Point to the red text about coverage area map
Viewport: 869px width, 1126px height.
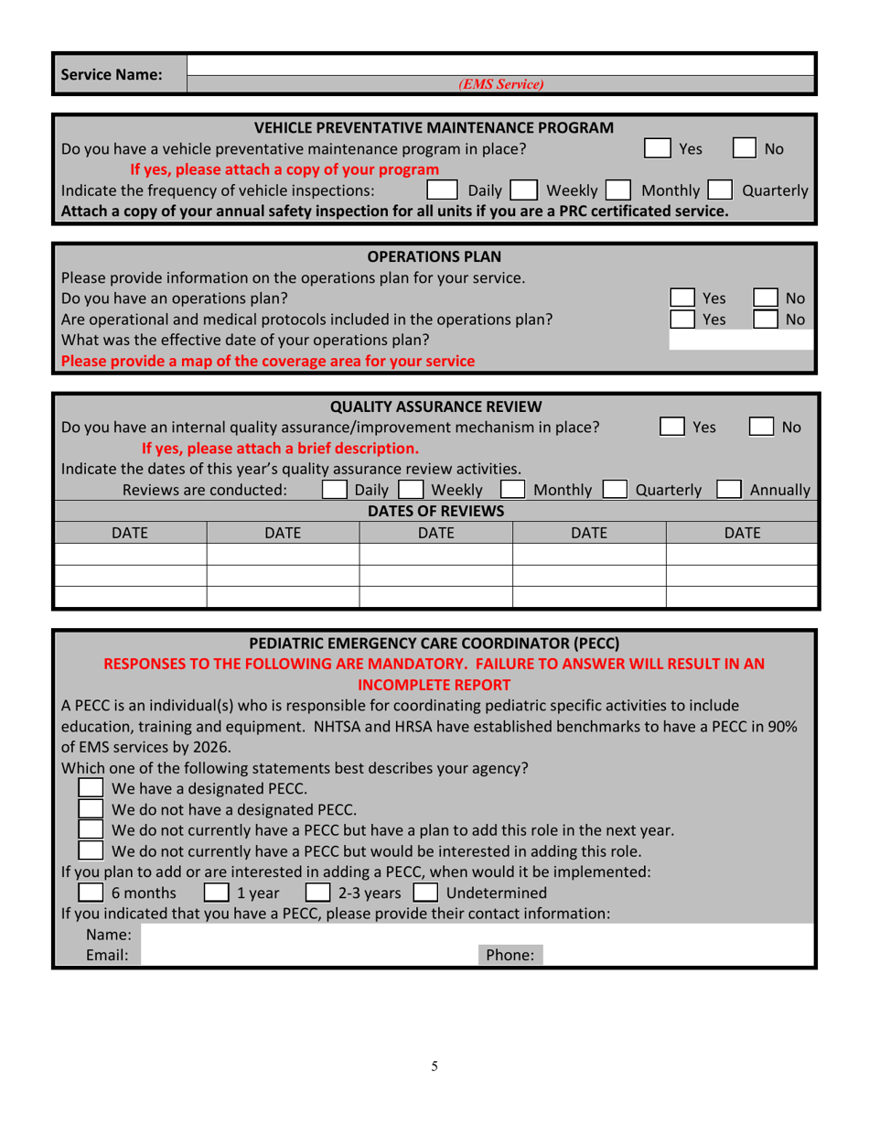coord(267,361)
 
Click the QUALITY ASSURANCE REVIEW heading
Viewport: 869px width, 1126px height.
coord(435,406)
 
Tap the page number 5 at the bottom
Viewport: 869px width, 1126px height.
coord(434,1066)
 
